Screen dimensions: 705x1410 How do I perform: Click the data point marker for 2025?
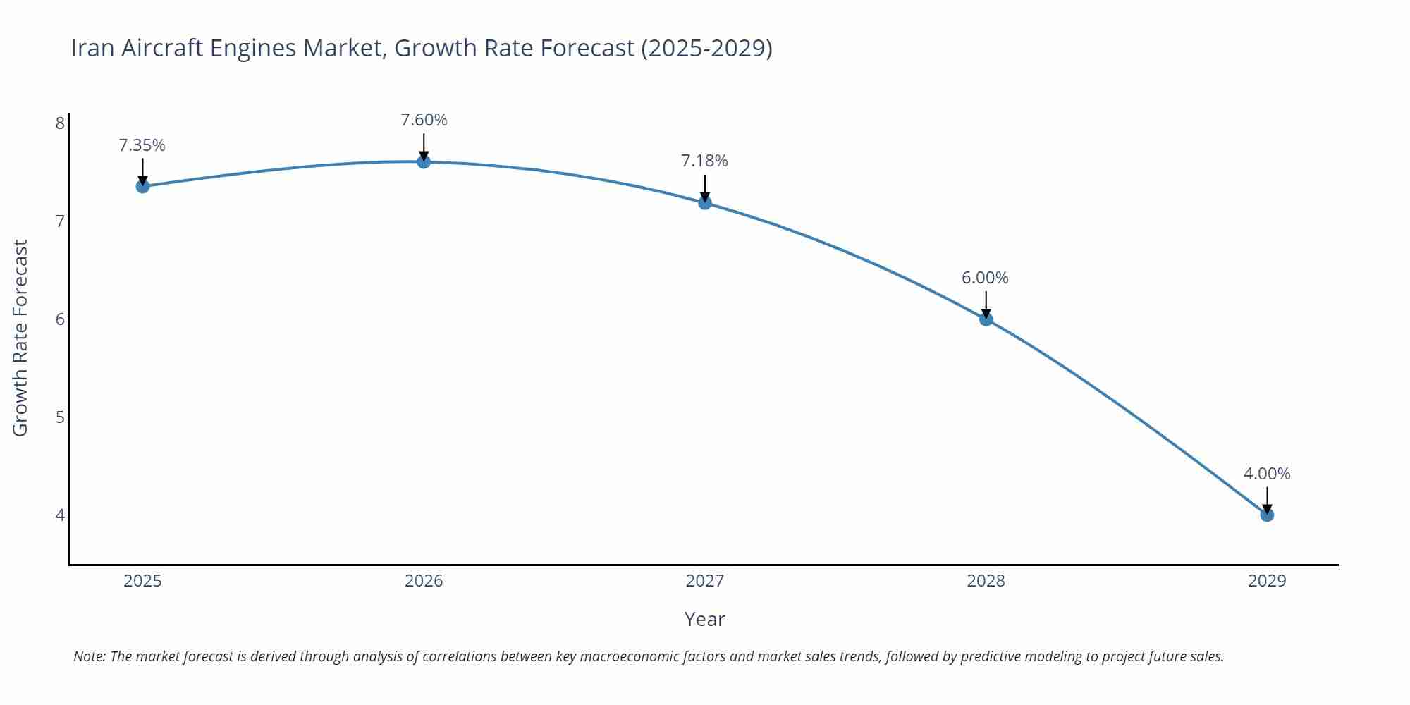pyautogui.click(x=142, y=186)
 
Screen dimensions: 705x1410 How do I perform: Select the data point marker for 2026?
pyautogui.click(x=424, y=161)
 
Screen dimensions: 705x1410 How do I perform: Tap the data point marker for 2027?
pyautogui.click(x=705, y=203)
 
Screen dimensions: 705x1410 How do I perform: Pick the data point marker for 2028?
pyautogui.click(x=986, y=319)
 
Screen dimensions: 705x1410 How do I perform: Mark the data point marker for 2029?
pyautogui.click(x=1267, y=515)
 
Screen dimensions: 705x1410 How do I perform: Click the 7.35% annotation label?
pyautogui.click(x=142, y=145)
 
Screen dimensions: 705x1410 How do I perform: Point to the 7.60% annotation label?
pyautogui.click(x=424, y=120)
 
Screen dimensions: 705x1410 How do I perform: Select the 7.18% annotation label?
pyautogui.click(x=704, y=161)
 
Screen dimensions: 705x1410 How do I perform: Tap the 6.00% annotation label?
pyautogui.click(x=985, y=278)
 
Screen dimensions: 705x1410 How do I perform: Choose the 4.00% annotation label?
pyautogui.click(x=1266, y=474)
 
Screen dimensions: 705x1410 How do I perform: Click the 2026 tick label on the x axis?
pyautogui.click(x=424, y=581)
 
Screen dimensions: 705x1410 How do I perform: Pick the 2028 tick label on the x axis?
pyautogui.click(x=986, y=581)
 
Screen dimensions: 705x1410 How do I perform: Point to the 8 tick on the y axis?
pyautogui.click(x=60, y=123)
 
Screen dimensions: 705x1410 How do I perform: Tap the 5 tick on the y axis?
pyautogui.click(x=60, y=417)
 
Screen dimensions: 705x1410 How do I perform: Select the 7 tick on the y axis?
pyautogui.click(x=60, y=221)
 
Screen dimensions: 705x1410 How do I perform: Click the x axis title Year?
pyautogui.click(x=704, y=619)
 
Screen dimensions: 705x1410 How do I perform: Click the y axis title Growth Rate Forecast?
pyautogui.click(x=20, y=338)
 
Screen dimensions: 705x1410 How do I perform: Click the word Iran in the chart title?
pyautogui.click(x=93, y=48)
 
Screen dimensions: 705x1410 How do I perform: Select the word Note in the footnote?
pyautogui.click(x=89, y=656)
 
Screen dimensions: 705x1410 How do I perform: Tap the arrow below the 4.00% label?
pyautogui.click(x=1267, y=499)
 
